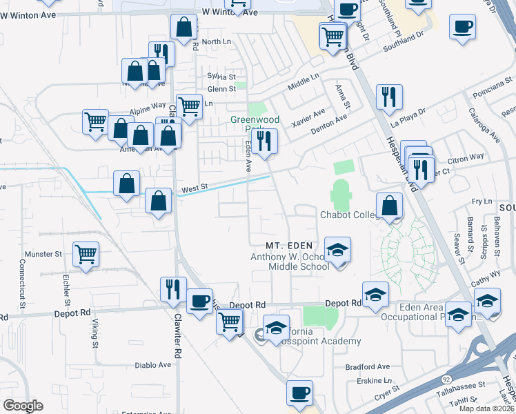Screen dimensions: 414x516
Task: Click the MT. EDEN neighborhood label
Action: click(290, 246)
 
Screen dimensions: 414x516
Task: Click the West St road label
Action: click(195, 188)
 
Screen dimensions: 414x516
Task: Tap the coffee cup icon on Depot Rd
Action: click(199, 301)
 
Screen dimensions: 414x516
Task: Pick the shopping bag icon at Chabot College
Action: click(390, 206)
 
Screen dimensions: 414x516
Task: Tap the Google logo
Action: click(23, 405)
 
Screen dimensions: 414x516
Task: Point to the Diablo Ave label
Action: click(152, 365)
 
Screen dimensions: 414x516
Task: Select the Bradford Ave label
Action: click(370, 366)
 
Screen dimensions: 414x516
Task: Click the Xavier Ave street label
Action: click(308, 113)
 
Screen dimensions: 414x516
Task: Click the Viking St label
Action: click(95, 334)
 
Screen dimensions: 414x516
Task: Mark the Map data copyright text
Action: click(487, 408)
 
